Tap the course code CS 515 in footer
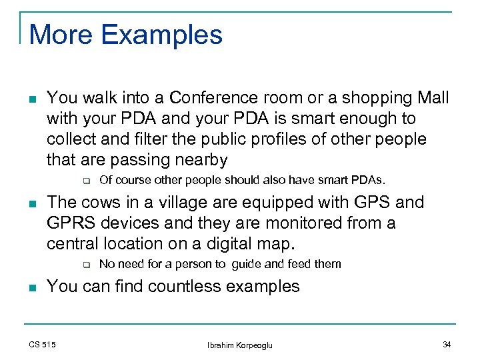[x=42, y=344]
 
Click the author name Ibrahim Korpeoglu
[x=239, y=345]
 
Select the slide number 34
[x=447, y=344]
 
